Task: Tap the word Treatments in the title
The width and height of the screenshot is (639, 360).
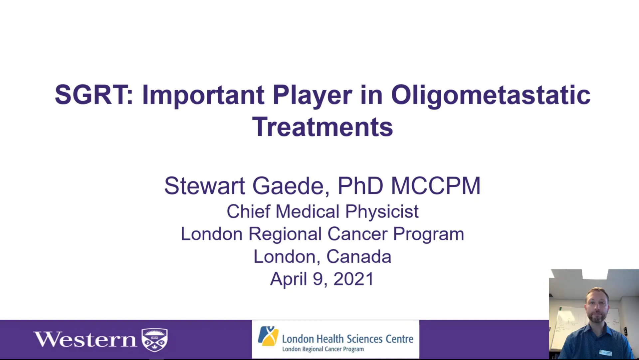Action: click(322, 127)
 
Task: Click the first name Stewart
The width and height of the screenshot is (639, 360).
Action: click(205, 186)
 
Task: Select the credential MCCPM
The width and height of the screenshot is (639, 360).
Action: click(436, 186)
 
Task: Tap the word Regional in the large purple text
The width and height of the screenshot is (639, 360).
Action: click(285, 234)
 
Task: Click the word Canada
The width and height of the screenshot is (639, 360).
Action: click(359, 256)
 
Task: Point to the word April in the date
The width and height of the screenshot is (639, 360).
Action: click(288, 279)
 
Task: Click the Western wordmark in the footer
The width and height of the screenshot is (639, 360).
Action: click(85, 340)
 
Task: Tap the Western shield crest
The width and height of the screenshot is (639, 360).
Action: click(154, 340)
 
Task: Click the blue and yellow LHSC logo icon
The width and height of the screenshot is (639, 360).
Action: click(268, 336)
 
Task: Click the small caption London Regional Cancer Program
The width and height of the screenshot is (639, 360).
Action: click(323, 349)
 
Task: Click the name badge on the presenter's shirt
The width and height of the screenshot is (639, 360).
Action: click(606, 352)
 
